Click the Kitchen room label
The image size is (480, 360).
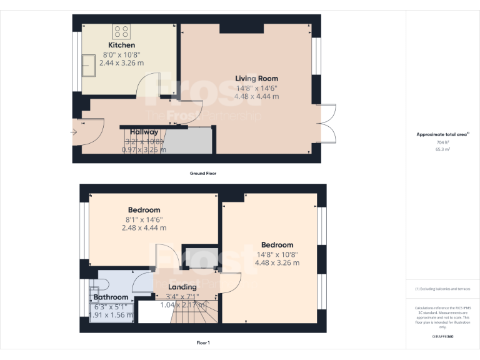pos(121,46)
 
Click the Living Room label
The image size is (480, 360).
pos(256,78)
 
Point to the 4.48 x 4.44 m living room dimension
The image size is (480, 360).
pos(256,96)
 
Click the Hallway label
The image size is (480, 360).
pos(144,132)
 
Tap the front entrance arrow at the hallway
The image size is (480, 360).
pos(74,132)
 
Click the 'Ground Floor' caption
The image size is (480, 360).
pos(203,173)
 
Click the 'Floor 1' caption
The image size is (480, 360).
pos(203,343)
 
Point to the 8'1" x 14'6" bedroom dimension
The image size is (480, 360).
pos(144,219)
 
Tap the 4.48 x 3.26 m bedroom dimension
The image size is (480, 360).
pos(277,263)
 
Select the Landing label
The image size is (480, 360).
pos(182,287)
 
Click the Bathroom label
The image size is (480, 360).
pos(111,297)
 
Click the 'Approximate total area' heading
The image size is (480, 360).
pos(442,134)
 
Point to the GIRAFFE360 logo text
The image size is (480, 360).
pos(442,336)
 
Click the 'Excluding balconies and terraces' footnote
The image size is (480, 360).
pos(442,289)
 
